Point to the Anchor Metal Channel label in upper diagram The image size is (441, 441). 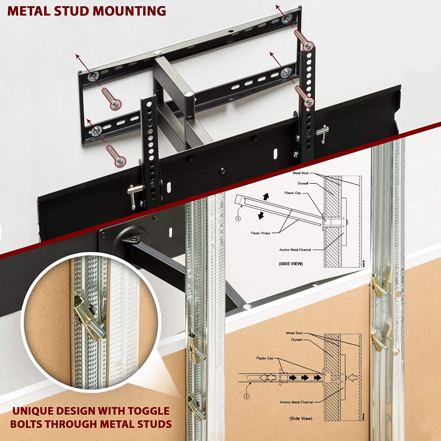pos(295,250)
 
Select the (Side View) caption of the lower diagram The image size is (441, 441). pos(300,418)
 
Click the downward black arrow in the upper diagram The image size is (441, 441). pos(261,216)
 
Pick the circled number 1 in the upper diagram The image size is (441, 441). pos(238,218)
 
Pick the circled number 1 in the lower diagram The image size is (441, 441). pos(246,396)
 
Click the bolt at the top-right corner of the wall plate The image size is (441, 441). pos(309,45)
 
